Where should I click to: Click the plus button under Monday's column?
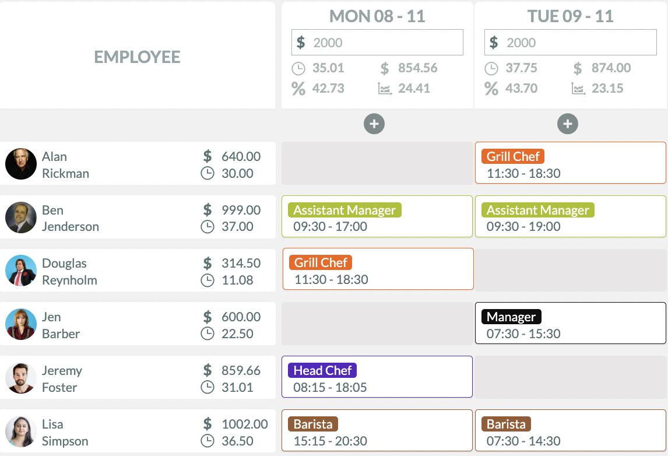tap(374, 124)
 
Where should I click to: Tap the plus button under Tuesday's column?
tap(568, 124)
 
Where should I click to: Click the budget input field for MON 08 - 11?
tap(377, 43)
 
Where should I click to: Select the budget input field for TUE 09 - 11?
tap(570, 43)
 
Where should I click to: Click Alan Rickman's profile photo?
tap(21, 164)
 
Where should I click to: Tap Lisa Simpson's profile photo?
tap(21, 432)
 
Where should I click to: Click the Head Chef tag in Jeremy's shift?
tap(322, 370)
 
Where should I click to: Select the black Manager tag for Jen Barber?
tap(511, 317)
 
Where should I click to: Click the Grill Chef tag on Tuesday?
tap(513, 156)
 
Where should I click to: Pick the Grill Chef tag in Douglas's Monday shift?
tap(321, 262)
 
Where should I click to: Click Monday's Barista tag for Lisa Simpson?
tap(313, 424)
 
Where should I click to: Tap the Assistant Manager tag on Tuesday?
tap(537, 210)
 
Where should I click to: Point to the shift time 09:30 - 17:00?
tap(330, 227)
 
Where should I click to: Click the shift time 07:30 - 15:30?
tap(523, 334)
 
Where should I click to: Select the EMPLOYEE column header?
tap(138, 57)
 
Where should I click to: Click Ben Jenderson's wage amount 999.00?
tap(241, 210)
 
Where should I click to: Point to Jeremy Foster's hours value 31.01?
tap(237, 387)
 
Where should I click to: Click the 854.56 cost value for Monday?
tap(417, 68)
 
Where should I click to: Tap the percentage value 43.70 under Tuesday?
tap(521, 89)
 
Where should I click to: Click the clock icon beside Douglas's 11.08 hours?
tap(208, 280)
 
